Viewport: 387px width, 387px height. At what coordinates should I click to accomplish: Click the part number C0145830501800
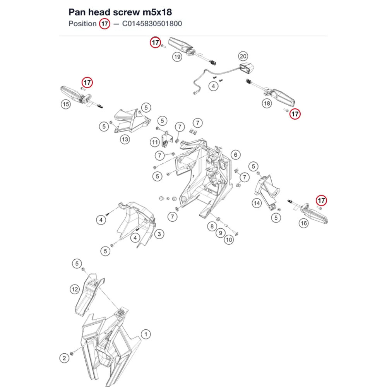point(152,24)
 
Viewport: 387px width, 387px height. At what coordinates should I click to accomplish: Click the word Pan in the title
point(77,12)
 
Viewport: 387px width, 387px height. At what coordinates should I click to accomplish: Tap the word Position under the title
point(82,24)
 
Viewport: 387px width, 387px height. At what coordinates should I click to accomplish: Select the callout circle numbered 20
point(243,56)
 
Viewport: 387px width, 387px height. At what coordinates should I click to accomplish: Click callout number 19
point(177,57)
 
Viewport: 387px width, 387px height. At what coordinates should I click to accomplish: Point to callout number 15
point(66,104)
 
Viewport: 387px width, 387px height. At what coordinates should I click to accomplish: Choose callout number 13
point(125,139)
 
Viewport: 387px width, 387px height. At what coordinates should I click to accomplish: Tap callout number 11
point(155,142)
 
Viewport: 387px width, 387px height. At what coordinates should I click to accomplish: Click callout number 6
point(236,155)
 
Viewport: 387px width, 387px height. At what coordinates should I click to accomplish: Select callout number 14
point(257,203)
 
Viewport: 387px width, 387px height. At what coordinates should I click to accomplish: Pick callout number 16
point(303,223)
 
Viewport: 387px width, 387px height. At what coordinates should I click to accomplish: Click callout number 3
point(159,234)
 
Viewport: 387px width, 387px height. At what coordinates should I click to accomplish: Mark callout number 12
point(75,289)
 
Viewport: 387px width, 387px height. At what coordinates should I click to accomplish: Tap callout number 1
point(146,334)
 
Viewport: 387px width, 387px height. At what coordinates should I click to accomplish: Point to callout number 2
point(64,358)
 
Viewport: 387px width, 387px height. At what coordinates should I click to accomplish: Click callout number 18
point(267,103)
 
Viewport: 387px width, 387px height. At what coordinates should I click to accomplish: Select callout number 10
point(229,240)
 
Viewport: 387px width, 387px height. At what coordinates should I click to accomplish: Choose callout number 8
point(212,226)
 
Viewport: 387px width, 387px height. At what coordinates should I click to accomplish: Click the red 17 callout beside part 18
point(295,114)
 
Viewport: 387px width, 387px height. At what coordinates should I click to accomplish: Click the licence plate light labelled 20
point(247,68)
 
